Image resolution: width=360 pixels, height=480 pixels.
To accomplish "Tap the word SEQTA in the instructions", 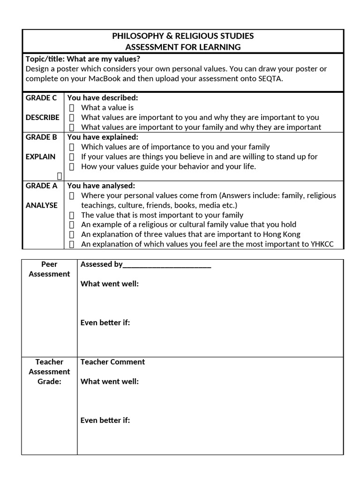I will pyautogui.click(x=270, y=78).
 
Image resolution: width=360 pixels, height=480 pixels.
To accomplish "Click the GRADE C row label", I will pyautogui.click(x=41, y=98).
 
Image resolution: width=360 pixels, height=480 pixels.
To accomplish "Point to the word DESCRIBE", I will pyautogui.click(x=42, y=117).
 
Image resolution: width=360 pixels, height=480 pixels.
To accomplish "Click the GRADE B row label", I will pyautogui.click(x=41, y=137).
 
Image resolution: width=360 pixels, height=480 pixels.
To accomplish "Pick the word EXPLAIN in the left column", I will pyautogui.click(x=40, y=157).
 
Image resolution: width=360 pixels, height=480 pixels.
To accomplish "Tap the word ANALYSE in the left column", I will pyautogui.click(x=42, y=205).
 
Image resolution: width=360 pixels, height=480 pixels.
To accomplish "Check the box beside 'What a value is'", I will pyautogui.click(x=72, y=108).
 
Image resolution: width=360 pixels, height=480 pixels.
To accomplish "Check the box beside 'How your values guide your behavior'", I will pyautogui.click(x=72, y=166).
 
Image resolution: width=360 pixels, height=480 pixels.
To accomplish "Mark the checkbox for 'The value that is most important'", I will pyautogui.click(x=72, y=215).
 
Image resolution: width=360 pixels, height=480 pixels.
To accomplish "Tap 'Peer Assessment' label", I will pyautogui.click(x=49, y=269).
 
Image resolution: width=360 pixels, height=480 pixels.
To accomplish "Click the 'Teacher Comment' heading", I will pyautogui.click(x=112, y=362).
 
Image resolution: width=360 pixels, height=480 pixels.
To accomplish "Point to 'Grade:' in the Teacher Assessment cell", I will pyautogui.click(x=49, y=382).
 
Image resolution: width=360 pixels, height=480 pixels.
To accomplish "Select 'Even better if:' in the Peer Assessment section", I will pyautogui.click(x=105, y=322).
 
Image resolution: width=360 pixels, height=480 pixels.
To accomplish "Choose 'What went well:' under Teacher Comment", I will pyautogui.click(x=109, y=382).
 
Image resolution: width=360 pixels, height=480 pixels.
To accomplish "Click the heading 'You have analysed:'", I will pyautogui.click(x=101, y=186).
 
